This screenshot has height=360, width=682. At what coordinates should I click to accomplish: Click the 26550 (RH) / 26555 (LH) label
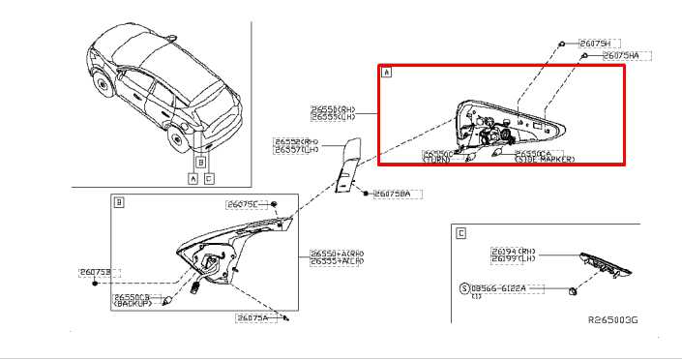pyautogui.click(x=334, y=113)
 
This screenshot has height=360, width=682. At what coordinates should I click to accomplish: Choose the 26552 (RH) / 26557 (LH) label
pyautogui.click(x=298, y=146)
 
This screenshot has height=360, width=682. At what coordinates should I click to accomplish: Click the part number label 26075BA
pyautogui.click(x=392, y=195)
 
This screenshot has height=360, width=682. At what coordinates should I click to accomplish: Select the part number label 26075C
pyautogui.click(x=241, y=204)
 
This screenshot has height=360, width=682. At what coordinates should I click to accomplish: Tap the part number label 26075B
pyautogui.click(x=94, y=273)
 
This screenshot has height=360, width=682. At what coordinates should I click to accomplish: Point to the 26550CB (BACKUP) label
pyautogui.click(x=133, y=300)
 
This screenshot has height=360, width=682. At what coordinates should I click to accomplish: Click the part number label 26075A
pyautogui.click(x=252, y=317)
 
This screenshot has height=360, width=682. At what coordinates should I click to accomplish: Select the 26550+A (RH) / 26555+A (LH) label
pyautogui.click(x=337, y=257)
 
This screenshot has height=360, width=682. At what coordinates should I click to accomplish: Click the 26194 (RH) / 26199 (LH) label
pyautogui.click(x=512, y=255)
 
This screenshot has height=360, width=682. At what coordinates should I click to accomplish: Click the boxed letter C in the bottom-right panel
pyautogui.click(x=460, y=233)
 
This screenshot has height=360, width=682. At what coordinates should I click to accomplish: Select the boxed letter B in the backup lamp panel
pyautogui.click(x=119, y=202)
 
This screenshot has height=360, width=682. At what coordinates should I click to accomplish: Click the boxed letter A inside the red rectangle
pyautogui.click(x=387, y=73)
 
